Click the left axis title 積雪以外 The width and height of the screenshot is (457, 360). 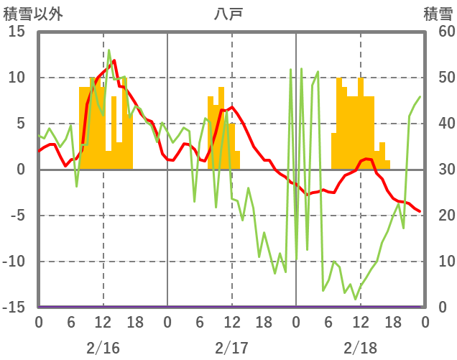coord(28,13)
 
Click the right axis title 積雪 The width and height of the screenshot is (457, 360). coord(438,13)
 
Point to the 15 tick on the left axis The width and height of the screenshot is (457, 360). coord(17,32)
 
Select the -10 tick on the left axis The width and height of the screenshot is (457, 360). coord(14,262)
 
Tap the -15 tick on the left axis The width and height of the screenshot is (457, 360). coord(14,308)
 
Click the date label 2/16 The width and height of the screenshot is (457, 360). coord(103,349)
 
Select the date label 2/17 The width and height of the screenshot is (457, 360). coord(231,349)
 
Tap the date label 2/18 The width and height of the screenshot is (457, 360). coord(360,349)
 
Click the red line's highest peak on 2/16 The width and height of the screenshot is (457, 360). coord(114,60)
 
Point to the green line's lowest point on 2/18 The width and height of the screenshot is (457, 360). coord(355,300)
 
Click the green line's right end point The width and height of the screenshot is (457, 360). coord(420,97)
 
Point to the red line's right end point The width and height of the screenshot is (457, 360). coord(420,211)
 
